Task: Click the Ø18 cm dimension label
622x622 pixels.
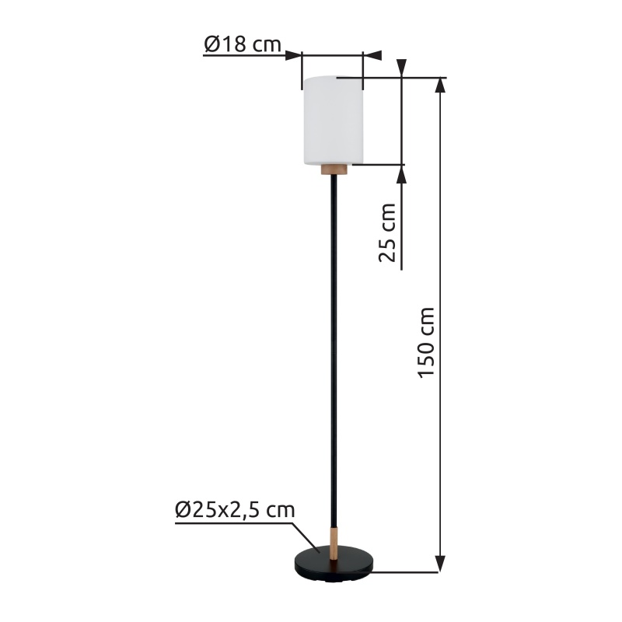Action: tap(243, 44)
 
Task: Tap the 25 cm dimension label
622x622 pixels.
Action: tap(387, 232)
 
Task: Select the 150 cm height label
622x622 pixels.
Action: tap(427, 343)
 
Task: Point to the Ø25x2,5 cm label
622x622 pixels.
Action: tap(235, 510)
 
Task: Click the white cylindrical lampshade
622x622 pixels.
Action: tap(334, 120)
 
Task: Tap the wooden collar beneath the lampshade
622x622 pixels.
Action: tap(334, 169)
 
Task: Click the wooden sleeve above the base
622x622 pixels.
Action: tap(334, 543)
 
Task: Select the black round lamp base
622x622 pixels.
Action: tap(334, 563)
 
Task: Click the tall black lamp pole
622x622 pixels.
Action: tap(334, 351)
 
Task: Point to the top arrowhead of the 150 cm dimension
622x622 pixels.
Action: tap(440, 85)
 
